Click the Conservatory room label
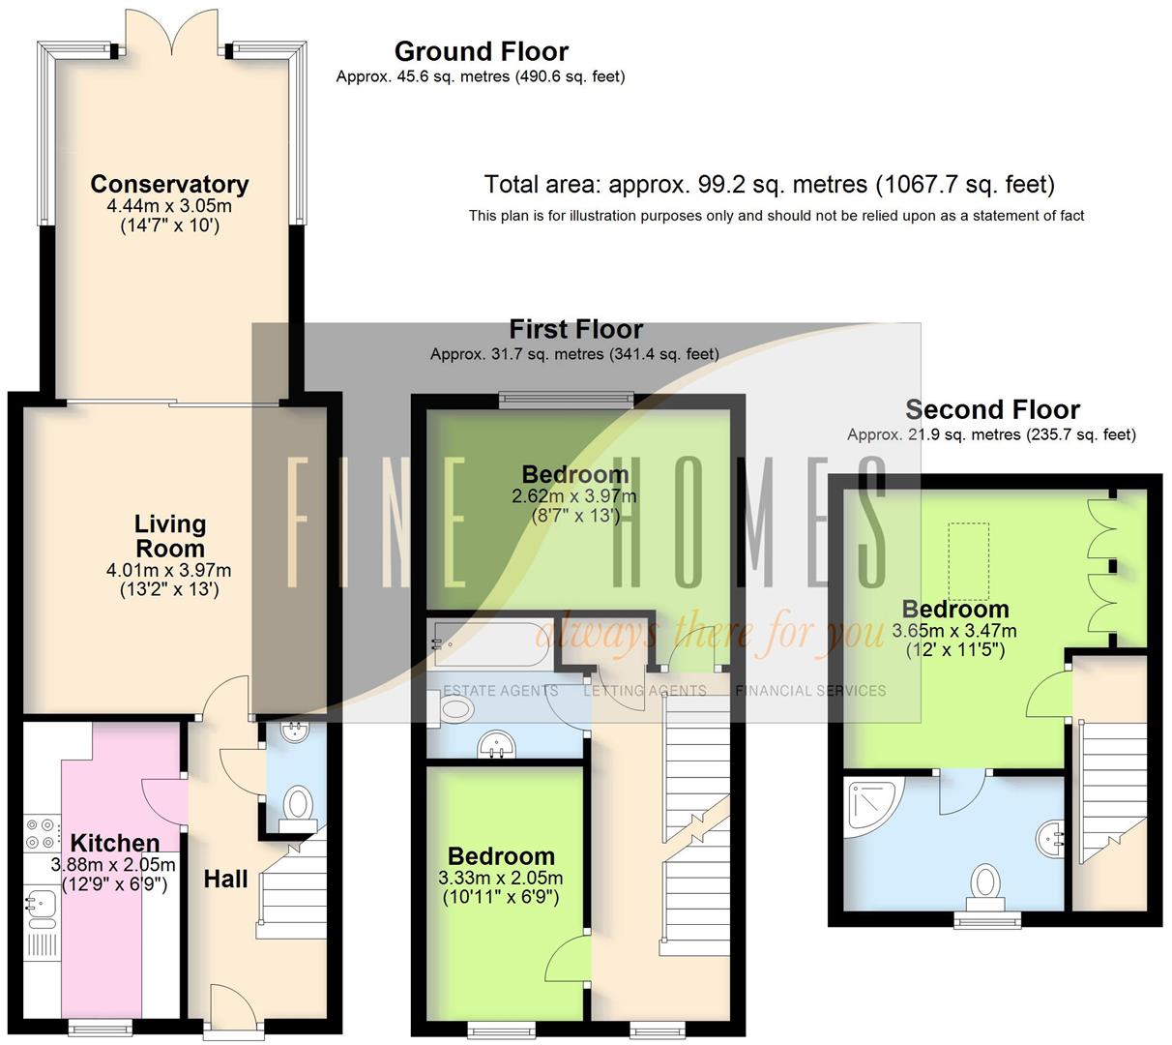coord(169,184)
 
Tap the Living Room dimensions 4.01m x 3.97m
coord(168,570)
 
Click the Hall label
coord(225,879)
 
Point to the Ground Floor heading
coord(481,51)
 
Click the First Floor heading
coord(575,329)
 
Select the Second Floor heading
coord(991,409)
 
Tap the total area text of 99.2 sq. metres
coord(769,184)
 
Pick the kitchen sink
coord(41,906)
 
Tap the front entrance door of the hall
coord(233,1011)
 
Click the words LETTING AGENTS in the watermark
coord(645,691)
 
